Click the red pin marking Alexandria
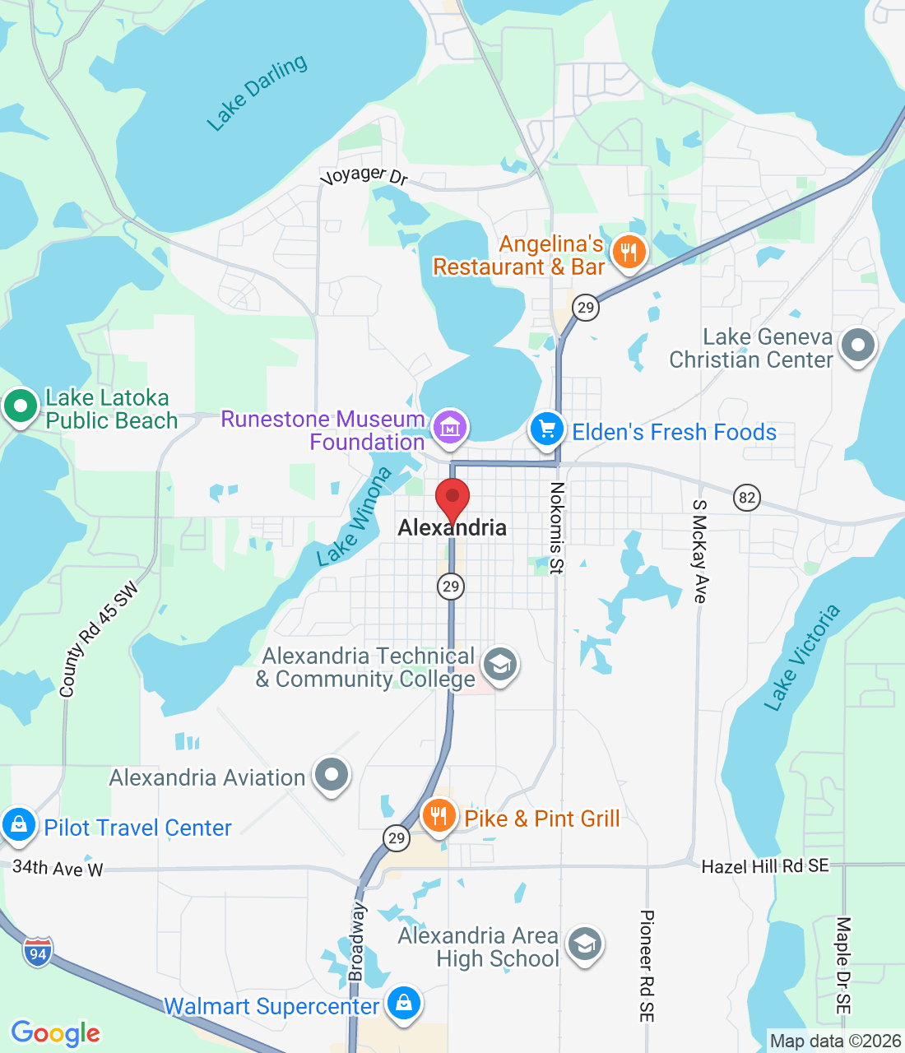[x=452, y=499]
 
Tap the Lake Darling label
[x=257, y=92]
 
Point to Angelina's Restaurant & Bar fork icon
[x=629, y=252]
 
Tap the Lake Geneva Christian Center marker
[x=857, y=346]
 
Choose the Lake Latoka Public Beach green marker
[x=20, y=406]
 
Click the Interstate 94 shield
[x=38, y=952]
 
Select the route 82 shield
[x=746, y=498]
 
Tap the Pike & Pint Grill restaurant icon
[x=439, y=816]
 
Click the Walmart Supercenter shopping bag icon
[x=403, y=1004]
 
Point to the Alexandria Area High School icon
[x=584, y=944]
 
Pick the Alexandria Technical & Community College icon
[x=499, y=665]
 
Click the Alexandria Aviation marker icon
[x=332, y=775]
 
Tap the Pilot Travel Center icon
[x=18, y=824]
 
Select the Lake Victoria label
[x=801, y=656]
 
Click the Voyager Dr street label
[x=364, y=175]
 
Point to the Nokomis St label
[x=557, y=527]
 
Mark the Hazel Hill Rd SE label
[x=765, y=865]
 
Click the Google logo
[x=56, y=1033]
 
